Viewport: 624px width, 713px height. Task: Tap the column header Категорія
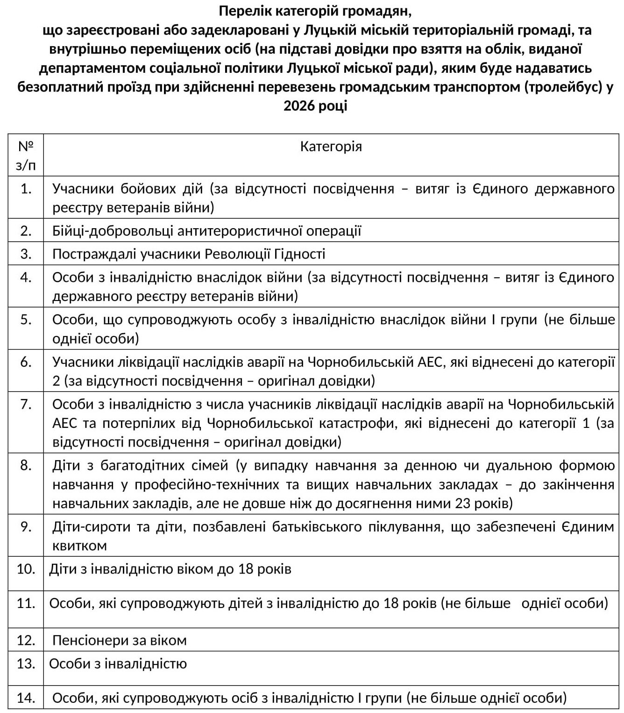(331, 147)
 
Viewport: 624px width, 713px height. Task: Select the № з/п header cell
(26, 155)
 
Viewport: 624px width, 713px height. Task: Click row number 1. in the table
(26, 189)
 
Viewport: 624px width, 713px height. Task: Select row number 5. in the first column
(26, 320)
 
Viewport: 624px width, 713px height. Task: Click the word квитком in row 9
(79, 545)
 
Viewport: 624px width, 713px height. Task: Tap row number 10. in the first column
(26, 569)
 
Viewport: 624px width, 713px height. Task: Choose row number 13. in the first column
(26, 664)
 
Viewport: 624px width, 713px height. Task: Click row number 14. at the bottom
(26, 698)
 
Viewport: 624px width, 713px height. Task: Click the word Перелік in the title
(243, 10)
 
